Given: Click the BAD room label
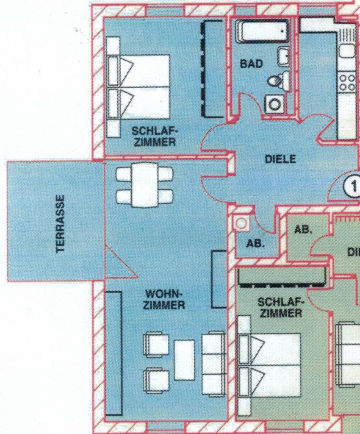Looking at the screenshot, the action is pos(251,64).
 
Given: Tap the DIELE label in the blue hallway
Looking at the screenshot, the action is pos(280,159).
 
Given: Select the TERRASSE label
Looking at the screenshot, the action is pos(61,224).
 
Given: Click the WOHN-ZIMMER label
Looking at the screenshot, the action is pos(165,299).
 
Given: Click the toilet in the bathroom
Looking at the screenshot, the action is pos(278,80).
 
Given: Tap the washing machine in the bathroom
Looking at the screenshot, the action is pos(275,104).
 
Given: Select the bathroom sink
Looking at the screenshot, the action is pos(283,56).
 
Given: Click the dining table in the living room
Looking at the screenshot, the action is pos(144,185).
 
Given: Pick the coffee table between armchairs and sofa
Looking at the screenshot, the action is pos(184,360).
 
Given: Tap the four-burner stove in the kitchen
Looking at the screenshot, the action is pos(348,82).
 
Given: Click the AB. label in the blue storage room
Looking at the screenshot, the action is pos(255,244).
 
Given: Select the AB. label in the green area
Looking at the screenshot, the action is pos(303,229).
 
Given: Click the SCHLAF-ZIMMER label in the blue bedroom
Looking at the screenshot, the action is pos(154,136).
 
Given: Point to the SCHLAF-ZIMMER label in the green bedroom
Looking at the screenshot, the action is pos(281,307).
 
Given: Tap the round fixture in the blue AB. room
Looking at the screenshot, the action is pos(241,223).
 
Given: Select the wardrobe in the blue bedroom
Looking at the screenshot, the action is pos(213,69).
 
